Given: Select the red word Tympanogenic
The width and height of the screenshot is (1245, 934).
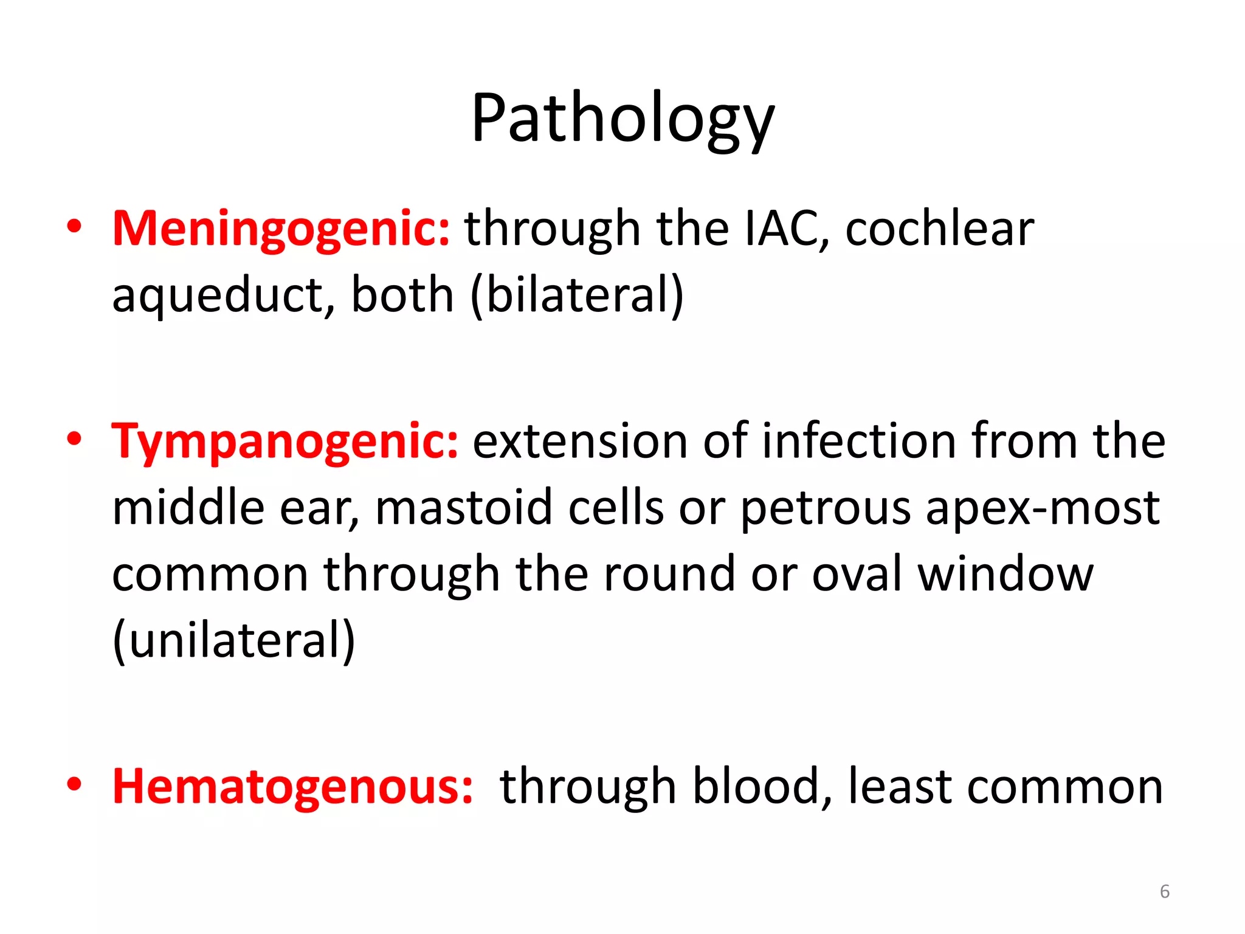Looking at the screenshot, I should pyautogui.click(x=285, y=441).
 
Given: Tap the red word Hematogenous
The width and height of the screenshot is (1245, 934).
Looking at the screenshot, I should pyautogui.click(x=292, y=787).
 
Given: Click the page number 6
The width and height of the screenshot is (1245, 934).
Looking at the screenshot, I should pyautogui.click(x=1164, y=891).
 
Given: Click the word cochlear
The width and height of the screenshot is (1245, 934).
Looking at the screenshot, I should pyautogui.click(x=939, y=229).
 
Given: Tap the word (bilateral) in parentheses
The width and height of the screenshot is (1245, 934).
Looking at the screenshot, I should pyautogui.click(x=577, y=296).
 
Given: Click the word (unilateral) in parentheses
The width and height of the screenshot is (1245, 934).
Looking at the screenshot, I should pyautogui.click(x=234, y=640).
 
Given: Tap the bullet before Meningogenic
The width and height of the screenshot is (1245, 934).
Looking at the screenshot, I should pyautogui.click(x=74, y=227).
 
